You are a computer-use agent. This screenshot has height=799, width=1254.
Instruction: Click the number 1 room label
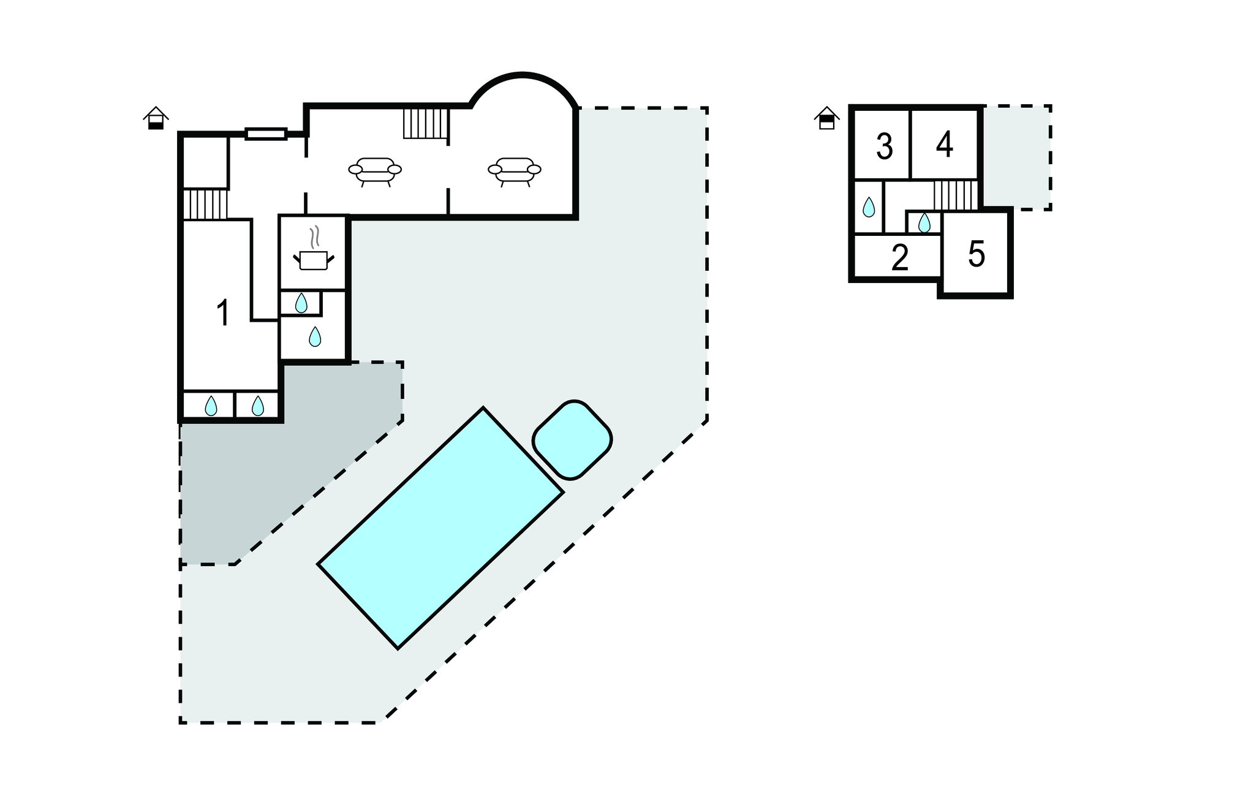coord(224,313)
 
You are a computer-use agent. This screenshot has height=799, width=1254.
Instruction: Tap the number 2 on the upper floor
coord(899,258)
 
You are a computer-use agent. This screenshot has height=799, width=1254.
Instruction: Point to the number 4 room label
coord(945,145)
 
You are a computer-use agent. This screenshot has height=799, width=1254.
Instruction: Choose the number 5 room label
coord(976,254)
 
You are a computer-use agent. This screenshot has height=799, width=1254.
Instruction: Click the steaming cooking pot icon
coord(314,248)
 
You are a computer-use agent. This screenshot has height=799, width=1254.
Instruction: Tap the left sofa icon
coord(375,171)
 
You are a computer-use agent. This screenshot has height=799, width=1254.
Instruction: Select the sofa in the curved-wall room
coord(515,171)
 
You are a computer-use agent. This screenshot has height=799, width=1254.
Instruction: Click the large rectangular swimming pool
coord(440,528)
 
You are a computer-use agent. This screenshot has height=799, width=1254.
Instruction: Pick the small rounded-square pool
coord(572,440)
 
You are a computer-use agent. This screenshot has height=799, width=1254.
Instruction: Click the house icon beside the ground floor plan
coord(156,118)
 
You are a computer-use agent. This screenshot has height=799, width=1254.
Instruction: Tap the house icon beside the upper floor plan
coord(827,118)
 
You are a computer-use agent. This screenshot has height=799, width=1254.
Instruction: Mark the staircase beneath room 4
coord(956,195)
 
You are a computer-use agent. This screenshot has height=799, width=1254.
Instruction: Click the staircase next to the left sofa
coord(426,123)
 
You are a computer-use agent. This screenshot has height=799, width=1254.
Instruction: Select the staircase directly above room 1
coord(206,204)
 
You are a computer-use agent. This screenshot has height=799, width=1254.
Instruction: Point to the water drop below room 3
coord(869,208)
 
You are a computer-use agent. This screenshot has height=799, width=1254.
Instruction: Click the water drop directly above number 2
coord(924,223)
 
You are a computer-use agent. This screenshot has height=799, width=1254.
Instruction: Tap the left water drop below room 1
coord(211,406)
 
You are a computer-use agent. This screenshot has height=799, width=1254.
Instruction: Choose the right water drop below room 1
coord(258,406)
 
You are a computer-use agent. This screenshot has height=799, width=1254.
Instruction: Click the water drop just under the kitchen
coord(301,303)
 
